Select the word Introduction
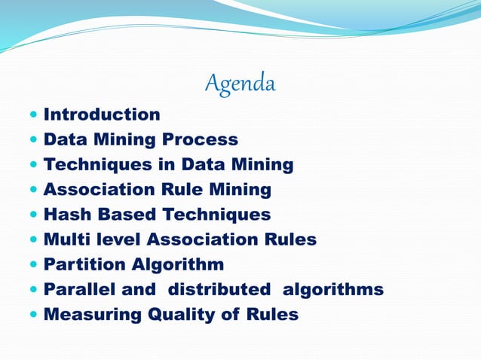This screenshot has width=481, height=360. (102, 114)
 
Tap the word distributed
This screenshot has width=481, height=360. (219, 289)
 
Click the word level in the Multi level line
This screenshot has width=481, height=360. (121, 239)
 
